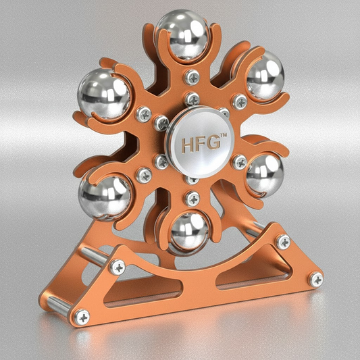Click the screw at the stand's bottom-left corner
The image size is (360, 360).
[82, 315]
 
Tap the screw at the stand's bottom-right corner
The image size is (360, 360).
[315, 279]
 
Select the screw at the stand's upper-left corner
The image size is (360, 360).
[118, 267]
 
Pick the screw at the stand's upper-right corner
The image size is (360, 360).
[283, 241]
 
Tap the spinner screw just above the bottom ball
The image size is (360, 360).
[192, 199]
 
